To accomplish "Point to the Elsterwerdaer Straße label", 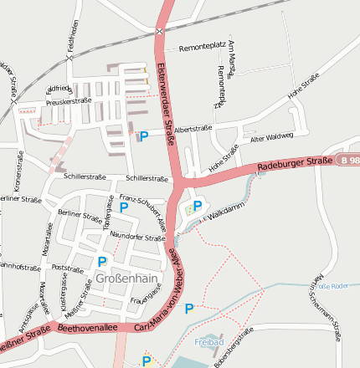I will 167,105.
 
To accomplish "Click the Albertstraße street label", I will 193,128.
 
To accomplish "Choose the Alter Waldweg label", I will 273,135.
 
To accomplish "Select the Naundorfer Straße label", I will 138,238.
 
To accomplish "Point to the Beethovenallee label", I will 87,329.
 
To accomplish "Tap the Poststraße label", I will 69,268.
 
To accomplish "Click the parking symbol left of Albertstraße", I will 143,135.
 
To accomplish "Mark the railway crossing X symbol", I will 159,32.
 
